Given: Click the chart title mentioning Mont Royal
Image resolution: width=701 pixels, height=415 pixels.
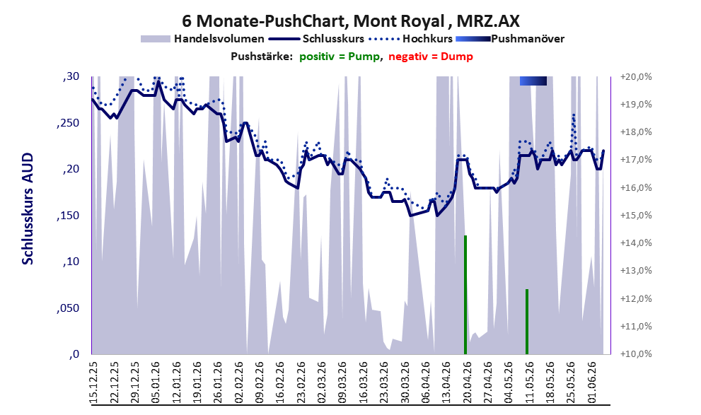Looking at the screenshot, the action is point(351,21).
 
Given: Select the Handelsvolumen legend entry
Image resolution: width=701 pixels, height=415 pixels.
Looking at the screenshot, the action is point(202,39).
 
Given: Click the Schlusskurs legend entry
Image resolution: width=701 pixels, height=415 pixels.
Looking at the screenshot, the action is point(316,39).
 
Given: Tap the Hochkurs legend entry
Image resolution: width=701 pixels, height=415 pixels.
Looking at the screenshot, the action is point(411,39).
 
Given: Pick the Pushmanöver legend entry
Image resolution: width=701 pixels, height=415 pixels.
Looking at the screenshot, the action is point(510,39).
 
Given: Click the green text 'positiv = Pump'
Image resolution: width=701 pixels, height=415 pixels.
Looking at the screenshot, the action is point(340,57).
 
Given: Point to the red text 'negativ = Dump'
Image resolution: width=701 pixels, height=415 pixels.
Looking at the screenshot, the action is point(431,57).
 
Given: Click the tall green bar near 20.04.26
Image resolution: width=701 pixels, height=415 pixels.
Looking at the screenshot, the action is point(465,295).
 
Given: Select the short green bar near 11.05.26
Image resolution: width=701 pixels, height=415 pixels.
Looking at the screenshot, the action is point(527,322).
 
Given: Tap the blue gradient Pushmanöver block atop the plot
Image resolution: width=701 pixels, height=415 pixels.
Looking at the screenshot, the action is point(533,81).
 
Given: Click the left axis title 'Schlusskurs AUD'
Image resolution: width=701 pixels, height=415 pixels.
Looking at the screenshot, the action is point(28,209).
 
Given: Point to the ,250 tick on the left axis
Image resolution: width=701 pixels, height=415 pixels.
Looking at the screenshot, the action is point(68,124).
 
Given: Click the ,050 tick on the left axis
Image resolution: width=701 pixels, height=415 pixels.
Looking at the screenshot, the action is point(68,308).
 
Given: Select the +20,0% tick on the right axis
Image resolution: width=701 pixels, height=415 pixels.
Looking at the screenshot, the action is point(636,77).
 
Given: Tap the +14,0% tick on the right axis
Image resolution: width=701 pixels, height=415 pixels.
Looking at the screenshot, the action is point(636,243).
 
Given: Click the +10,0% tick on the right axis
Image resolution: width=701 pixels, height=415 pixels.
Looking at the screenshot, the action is point(636,354).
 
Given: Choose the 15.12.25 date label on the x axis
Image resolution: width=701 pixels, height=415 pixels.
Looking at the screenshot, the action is point(93,383).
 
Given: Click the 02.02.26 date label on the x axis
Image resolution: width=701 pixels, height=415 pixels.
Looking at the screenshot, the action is point(238,383).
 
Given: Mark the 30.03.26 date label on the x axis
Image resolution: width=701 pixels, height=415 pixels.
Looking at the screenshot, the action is point(405,383).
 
